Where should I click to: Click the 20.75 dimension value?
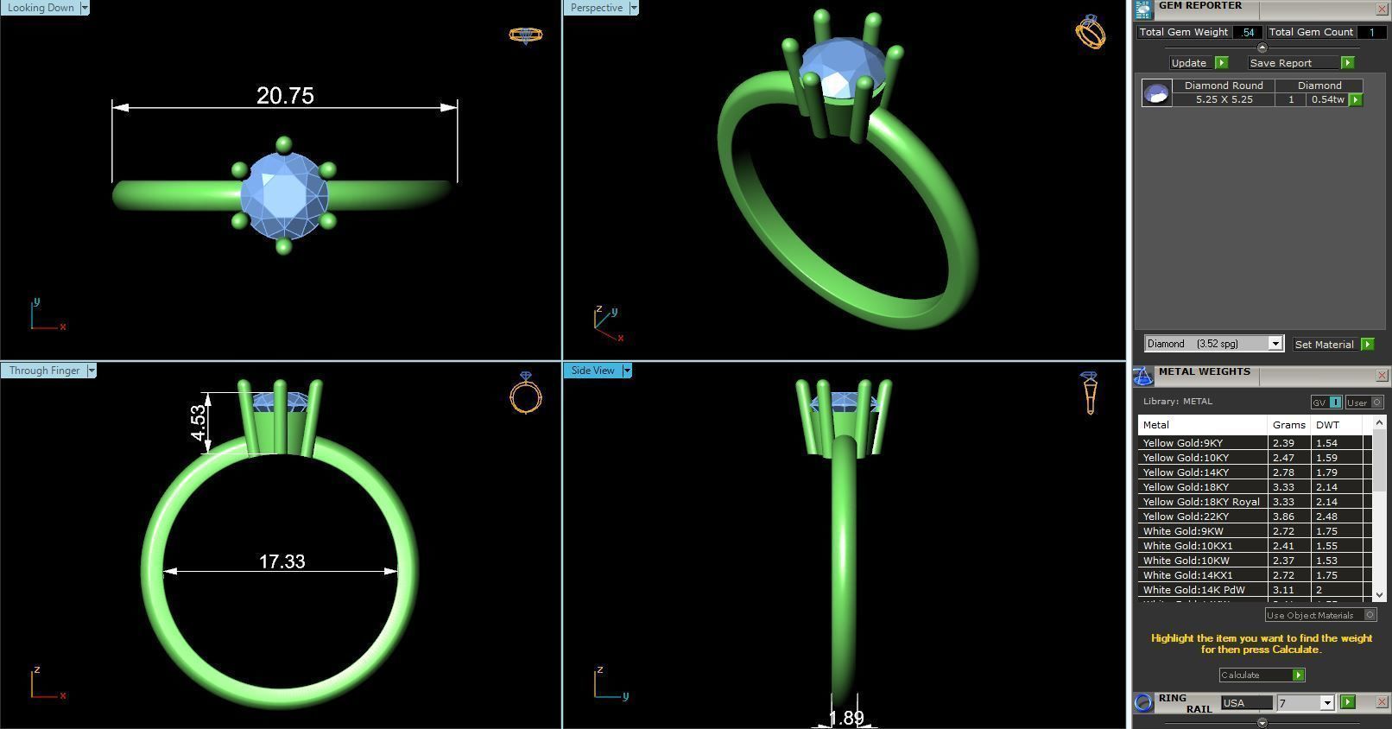coord(285,95)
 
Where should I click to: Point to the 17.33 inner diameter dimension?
coord(282,561)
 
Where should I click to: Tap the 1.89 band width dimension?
coord(846,718)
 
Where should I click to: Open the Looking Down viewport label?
coord(41,8)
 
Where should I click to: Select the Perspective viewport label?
coord(597,8)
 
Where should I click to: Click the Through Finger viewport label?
coord(44,371)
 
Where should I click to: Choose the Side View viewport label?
coord(593,371)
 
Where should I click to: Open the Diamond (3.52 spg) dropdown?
coord(1213,344)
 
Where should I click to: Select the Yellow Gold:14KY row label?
coord(1186,472)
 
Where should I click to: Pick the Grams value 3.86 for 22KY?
coord(1283,517)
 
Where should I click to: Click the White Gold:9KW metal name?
coord(1183,531)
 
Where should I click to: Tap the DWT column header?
coord(1327,425)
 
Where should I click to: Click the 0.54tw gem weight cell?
coord(1327,99)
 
